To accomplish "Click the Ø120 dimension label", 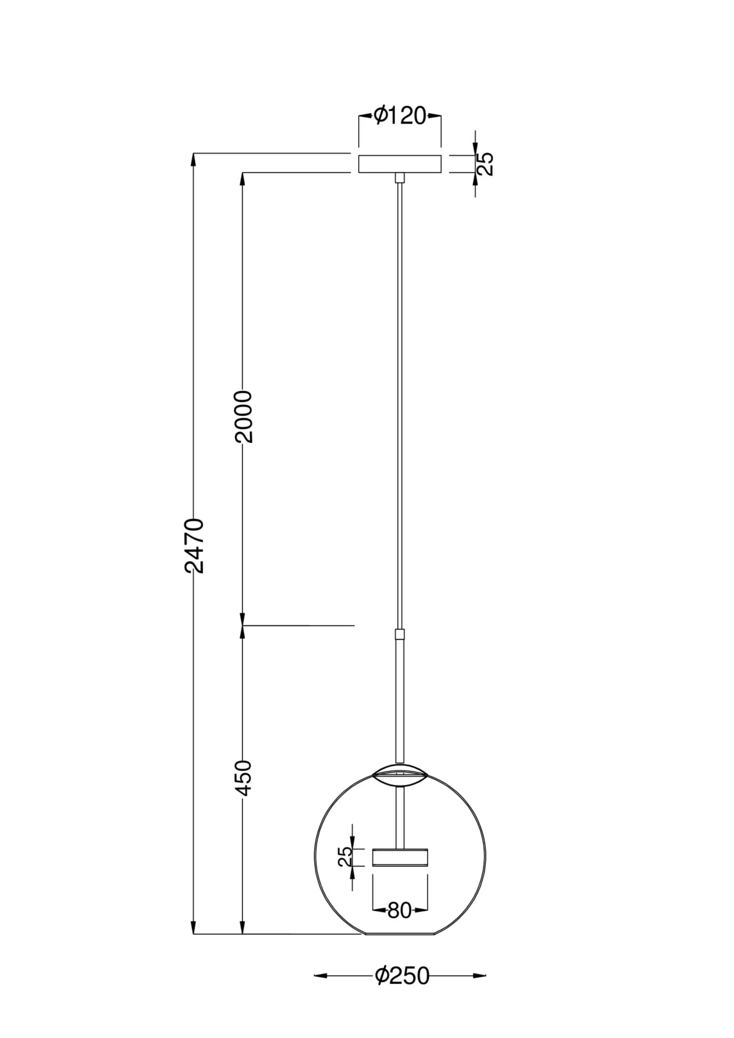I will pos(399,116).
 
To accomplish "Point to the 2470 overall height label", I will pos(195,545).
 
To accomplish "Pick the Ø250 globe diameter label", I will pos(402,976).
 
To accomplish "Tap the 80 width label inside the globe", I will pos(399,910).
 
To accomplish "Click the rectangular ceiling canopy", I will pos(399,163).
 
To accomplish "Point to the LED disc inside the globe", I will pos(400,857).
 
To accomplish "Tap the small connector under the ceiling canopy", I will pos(399,177).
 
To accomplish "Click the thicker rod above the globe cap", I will pos(399,701).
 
